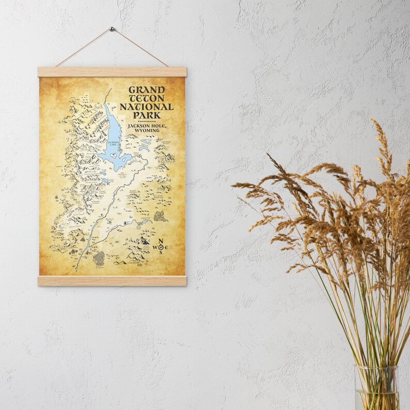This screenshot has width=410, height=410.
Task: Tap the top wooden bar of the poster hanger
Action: (x=112, y=72)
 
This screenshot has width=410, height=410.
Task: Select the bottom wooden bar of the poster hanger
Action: (x=112, y=281)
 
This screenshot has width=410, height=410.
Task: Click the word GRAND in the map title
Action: (x=144, y=90)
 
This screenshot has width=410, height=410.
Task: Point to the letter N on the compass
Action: (x=161, y=242)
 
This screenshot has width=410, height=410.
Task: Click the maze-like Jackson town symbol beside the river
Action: (x=99, y=259)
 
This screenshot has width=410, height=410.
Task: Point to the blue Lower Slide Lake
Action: (x=146, y=222)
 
